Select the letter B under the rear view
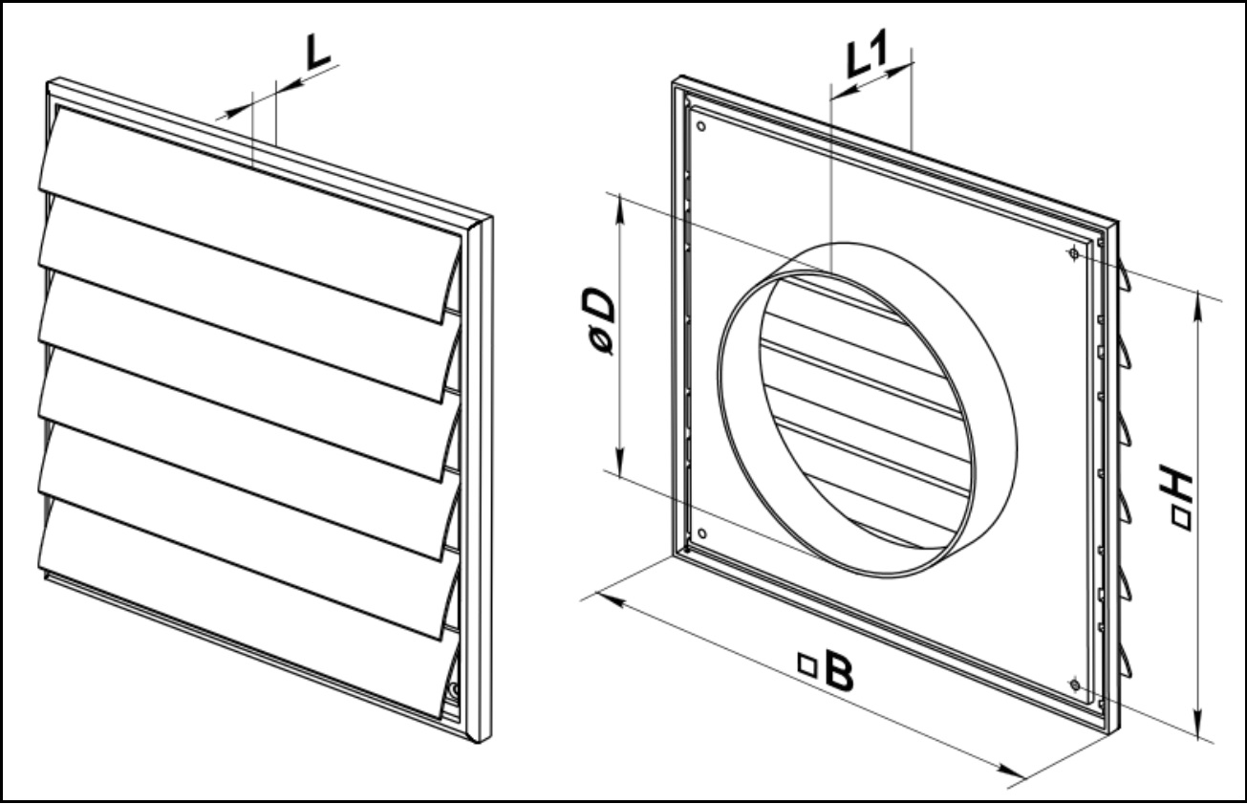point(838,672)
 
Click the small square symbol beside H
point(1181,520)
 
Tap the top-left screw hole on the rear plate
point(700,125)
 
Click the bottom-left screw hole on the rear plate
point(702,533)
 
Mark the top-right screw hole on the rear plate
point(1074,253)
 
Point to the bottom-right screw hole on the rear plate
point(1075,685)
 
